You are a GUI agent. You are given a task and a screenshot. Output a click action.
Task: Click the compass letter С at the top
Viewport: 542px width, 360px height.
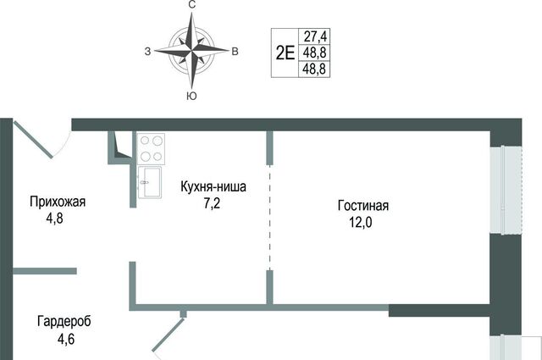(x=192, y=4)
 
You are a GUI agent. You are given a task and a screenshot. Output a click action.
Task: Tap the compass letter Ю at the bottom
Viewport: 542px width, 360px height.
(x=191, y=97)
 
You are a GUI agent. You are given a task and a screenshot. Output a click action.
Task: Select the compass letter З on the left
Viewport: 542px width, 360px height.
(x=147, y=52)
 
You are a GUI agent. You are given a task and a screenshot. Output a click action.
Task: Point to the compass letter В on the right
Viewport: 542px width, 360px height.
(x=235, y=52)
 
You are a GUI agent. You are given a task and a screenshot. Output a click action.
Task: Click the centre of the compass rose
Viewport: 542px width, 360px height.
(x=191, y=51)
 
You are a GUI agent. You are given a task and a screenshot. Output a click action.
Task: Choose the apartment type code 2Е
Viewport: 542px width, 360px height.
(x=285, y=53)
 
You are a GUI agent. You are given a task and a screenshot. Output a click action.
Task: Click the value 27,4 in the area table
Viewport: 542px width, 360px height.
(x=314, y=36)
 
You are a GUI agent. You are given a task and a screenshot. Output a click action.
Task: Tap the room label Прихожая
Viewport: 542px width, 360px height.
(x=58, y=202)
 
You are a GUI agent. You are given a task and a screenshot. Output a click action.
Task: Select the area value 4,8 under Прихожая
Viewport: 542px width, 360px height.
(x=54, y=219)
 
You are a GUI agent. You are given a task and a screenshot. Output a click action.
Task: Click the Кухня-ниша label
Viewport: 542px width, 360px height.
(x=213, y=186)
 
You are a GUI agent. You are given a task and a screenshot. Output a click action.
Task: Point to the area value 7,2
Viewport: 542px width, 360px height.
(x=212, y=203)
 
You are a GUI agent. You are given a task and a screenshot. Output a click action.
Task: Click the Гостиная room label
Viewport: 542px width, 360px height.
(x=363, y=206)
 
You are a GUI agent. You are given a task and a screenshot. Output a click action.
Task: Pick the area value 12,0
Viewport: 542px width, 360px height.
(x=361, y=223)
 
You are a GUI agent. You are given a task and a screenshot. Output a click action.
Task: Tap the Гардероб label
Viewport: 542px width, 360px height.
(x=64, y=322)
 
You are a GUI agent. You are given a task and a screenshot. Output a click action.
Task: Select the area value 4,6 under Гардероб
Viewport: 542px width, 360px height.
(x=66, y=339)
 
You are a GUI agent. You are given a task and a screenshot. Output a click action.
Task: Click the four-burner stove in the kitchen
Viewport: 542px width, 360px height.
(x=151, y=149)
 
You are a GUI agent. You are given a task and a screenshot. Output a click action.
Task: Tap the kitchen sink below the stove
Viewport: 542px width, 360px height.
(x=150, y=182)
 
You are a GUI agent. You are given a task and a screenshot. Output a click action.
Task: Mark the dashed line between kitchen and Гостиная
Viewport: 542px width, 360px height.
(x=269, y=217)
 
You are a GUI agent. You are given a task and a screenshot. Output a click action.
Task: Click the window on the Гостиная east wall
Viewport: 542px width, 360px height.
(x=506, y=190)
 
